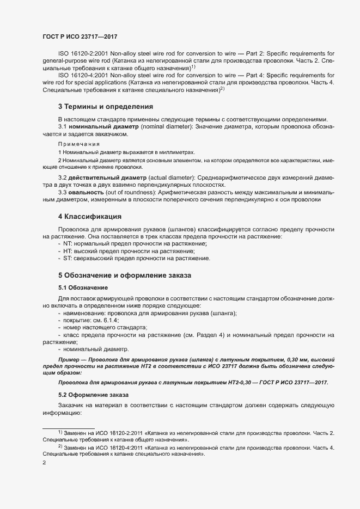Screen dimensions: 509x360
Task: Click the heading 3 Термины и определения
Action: tap(105, 107)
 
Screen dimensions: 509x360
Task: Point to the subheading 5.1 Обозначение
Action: tap(83, 287)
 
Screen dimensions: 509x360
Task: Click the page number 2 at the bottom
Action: tap(45, 462)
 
